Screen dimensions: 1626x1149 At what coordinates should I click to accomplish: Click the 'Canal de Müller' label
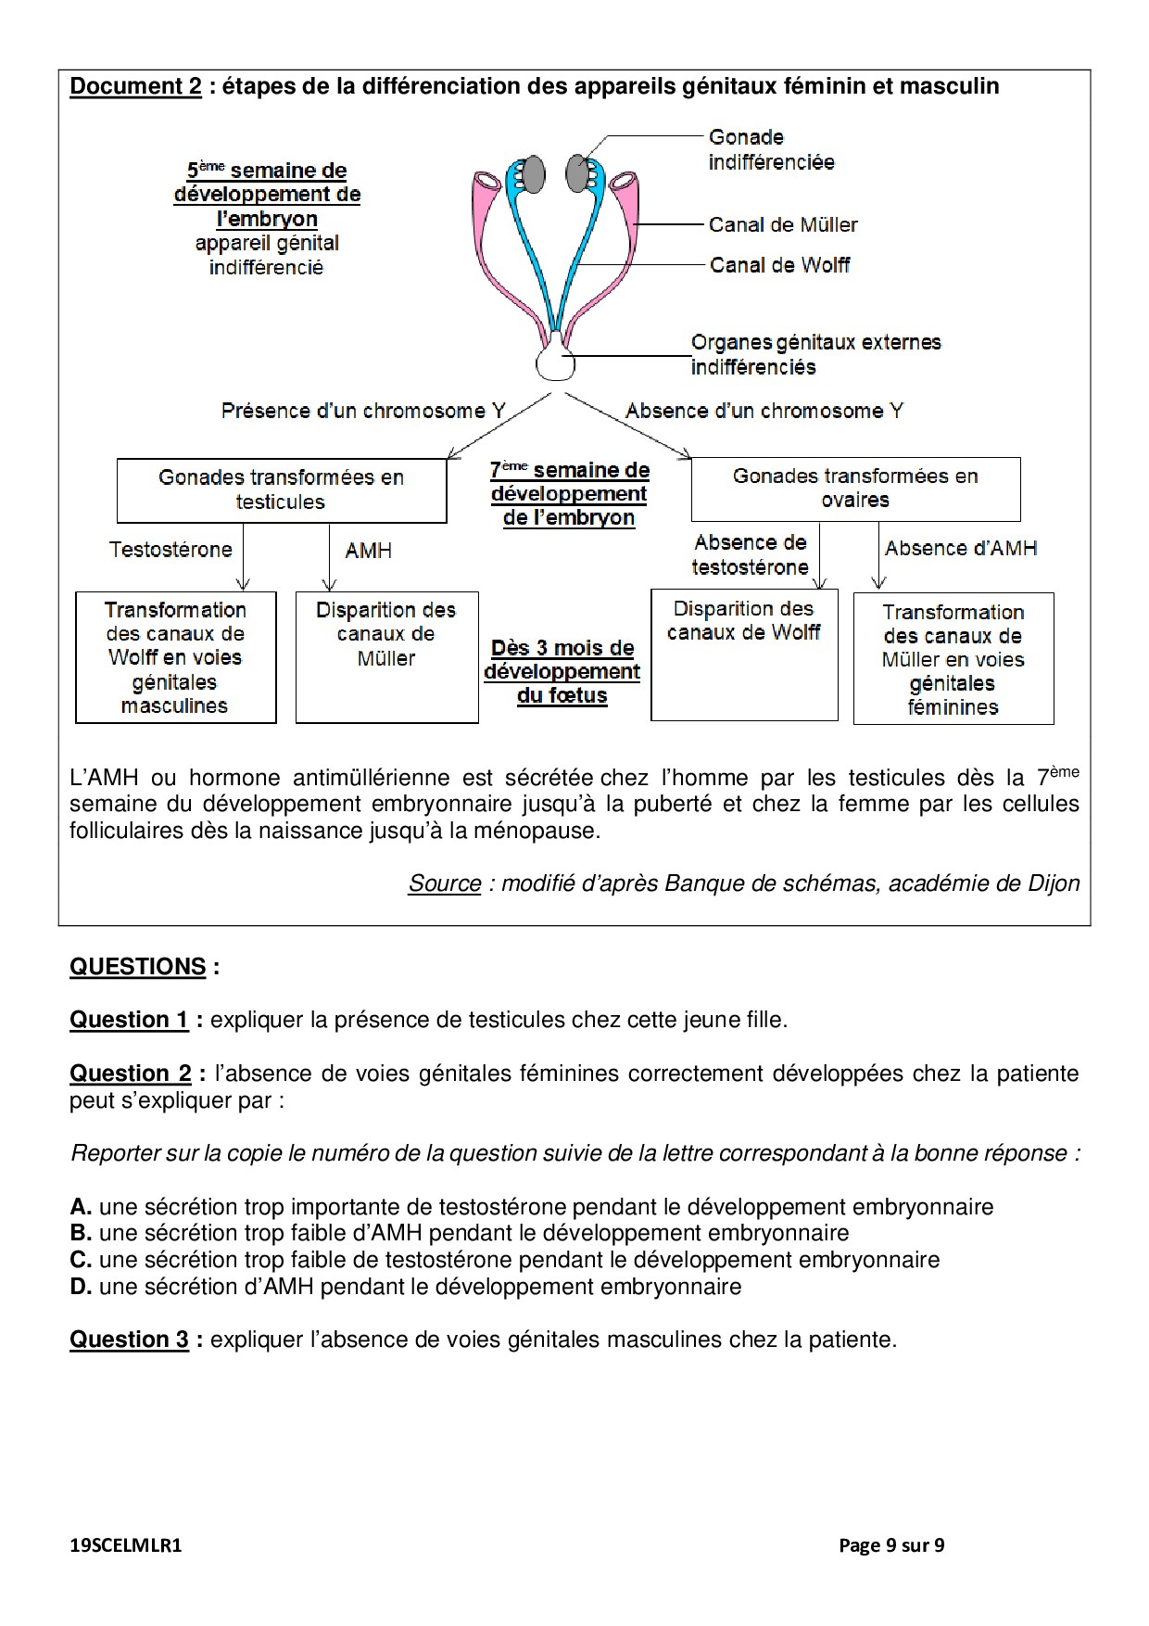point(783,224)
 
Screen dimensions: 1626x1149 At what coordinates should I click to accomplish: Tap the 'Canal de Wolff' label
point(779,265)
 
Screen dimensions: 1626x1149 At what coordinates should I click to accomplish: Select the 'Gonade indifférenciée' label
point(771,149)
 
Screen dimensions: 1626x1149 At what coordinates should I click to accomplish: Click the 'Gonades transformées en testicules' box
point(281,489)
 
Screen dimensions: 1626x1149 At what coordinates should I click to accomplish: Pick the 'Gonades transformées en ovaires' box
point(855,488)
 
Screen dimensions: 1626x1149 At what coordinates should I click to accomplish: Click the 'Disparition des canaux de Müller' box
point(386,656)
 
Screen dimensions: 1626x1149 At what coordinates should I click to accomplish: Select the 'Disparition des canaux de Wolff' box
point(744,654)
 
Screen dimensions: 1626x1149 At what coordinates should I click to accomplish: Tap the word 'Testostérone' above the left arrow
point(170,550)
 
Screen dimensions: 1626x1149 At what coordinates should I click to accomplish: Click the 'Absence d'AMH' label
point(961,548)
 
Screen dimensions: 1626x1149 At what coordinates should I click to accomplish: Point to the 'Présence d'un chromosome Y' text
point(363,411)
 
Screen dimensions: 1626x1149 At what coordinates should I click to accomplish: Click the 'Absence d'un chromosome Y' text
point(764,411)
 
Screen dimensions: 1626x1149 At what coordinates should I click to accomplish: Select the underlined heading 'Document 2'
point(135,86)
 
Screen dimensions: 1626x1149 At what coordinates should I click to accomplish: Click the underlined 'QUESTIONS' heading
point(138,966)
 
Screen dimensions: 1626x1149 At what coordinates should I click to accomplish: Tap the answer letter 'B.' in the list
point(81,1233)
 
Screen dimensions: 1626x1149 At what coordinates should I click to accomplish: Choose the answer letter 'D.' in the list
point(81,1287)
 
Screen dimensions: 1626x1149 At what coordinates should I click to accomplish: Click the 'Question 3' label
point(129,1340)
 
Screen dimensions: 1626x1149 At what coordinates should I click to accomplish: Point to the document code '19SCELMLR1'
point(126,1545)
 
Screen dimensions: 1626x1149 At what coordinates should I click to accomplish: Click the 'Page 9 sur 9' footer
point(891,1545)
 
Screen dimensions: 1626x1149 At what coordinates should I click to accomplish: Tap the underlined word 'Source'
point(445,883)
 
